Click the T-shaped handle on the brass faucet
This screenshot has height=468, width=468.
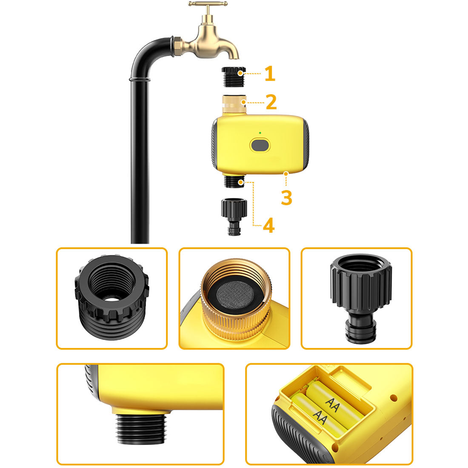tap(208, 4)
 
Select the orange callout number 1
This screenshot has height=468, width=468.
tap(270, 74)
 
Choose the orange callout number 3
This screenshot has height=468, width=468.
tap(286, 197)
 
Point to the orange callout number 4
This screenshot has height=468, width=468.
tap(268, 225)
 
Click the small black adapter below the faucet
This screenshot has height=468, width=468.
tap(234, 77)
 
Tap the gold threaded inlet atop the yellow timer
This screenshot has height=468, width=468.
tap(234, 104)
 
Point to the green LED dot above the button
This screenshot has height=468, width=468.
tap(260, 133)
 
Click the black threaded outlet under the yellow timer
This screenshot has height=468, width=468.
tap(234, 181)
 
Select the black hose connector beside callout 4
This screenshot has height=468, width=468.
tap(234, 217)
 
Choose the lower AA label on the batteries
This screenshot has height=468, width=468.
tap(320, 417)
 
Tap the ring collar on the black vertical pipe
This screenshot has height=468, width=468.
tap(140, 80)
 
